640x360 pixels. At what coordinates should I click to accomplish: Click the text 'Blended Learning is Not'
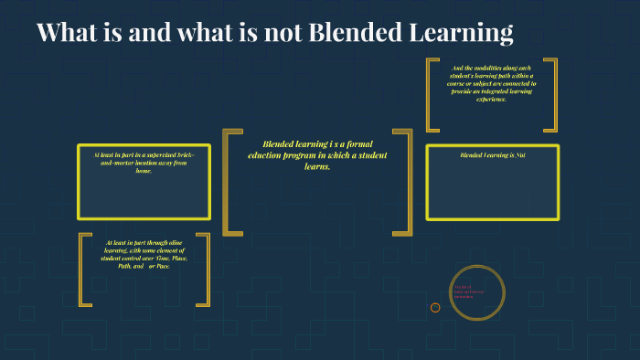492,155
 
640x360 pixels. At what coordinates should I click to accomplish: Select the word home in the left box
144,171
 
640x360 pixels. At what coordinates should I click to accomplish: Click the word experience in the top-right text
491,99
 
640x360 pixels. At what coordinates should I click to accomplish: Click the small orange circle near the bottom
435,307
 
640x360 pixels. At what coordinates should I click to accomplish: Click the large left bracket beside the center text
230,182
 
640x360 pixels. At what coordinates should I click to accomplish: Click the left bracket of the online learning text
84,269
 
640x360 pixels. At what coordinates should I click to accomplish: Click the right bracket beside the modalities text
551,94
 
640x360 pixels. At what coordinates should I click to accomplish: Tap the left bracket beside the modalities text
432,94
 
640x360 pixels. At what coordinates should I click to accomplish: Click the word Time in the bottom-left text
163,259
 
